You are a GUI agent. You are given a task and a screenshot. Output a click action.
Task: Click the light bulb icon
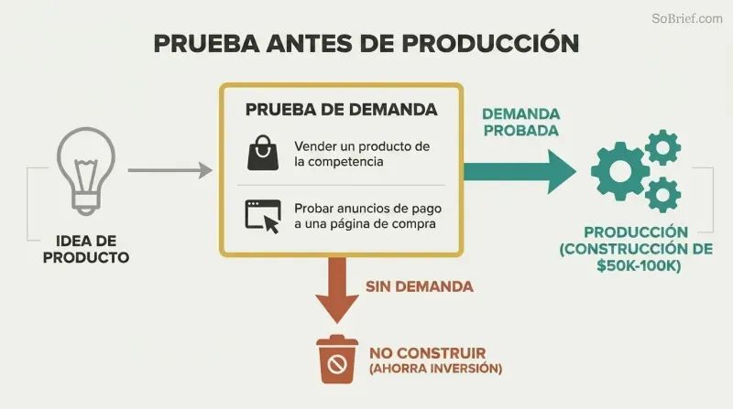tap(86, 171)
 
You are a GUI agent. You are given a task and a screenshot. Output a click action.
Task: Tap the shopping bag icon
tap(263, 153)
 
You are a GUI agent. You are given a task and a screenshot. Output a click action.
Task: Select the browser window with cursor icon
tap(263, 216)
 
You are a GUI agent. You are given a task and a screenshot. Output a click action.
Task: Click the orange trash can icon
tap(337, 359)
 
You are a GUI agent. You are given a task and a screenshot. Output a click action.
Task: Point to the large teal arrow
tap(520, 172)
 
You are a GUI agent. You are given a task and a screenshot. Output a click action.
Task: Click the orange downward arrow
tap(337, 290)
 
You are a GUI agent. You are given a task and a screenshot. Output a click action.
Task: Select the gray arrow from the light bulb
tap(170, 170)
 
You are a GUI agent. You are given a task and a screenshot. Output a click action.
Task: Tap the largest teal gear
tap(620, 171)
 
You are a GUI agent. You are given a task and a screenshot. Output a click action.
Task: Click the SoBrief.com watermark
tap(686, 18)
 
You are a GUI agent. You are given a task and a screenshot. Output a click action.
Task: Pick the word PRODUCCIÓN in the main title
tap(490, 43)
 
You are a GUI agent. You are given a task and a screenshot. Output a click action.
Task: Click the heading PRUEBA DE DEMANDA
tap(341, 110)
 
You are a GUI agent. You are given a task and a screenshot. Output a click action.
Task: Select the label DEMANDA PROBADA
tap(520, 123)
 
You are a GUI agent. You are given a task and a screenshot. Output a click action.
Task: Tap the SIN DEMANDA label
tap(420, 286)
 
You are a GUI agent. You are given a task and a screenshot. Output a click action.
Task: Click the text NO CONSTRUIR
tap(428, 353)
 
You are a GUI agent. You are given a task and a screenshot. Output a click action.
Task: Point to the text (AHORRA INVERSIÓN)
tap(436, 369)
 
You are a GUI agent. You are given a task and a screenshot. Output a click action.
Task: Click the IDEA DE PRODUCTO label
tap(86, 249)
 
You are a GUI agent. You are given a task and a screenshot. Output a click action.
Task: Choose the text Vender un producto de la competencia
tap(362, 154)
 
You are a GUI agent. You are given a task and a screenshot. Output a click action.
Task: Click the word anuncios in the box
tap(365, 209)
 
